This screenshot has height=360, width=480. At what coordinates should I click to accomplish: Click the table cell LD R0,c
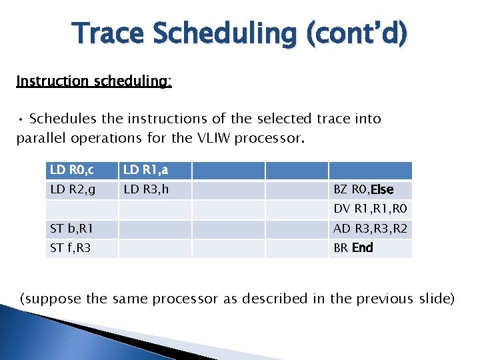pyautogui.click(x=82, y=171)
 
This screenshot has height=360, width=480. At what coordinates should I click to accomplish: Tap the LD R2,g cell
pyautogui.click(x=82, y=190)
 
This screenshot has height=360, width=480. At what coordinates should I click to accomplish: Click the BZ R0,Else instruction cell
pyautogui.click(x=370, y=190)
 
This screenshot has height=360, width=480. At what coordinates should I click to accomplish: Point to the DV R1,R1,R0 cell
pyautogui.click(x=370, y=209)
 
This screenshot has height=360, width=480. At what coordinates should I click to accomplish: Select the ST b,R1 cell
pyautogui.click(x=82, y=229)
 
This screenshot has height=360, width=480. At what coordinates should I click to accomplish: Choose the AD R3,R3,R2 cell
pyautogui.click(x=370, y=229)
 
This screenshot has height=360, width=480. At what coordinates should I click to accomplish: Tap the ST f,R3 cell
pyautogui.click(x=82, y=248)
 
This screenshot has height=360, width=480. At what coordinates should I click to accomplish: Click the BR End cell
pyautogui.click(x=370, y=248)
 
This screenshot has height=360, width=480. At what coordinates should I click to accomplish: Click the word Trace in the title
pyautogui.click(x=109, y=34)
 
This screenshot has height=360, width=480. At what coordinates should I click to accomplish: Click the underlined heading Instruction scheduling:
pyautogui.click(x=94, y=81)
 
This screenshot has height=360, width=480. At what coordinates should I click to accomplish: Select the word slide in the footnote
pyautogui.click(x=437, y=298)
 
